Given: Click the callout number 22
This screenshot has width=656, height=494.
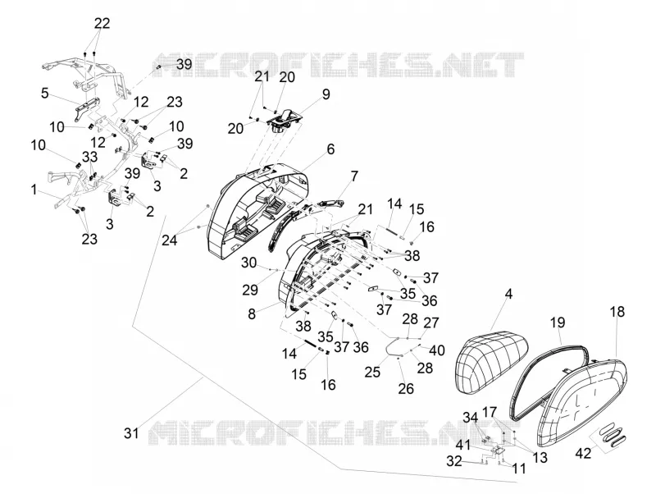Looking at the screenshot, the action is tap(102, 24).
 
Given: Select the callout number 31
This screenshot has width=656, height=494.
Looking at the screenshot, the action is tap(131, 432).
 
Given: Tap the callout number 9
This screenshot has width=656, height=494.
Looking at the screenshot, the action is tap(326, 94).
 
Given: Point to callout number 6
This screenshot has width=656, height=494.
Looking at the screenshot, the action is tap(330, 149).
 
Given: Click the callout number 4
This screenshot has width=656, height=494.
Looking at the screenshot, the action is tap(508, 294).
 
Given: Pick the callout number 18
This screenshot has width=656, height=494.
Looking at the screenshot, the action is tap(617, 312).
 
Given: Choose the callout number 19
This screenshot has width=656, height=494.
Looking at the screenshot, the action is tap(558, 322).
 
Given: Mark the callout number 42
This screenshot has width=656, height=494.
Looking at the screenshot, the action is tap(583, 452).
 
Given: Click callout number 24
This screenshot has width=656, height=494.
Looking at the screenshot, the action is tap(170, 240).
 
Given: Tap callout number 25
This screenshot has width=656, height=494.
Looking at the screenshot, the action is tap(372, 372).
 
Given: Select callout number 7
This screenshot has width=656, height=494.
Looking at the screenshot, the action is tap(354, 176).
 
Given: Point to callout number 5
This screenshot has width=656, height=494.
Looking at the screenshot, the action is tap(45, 93).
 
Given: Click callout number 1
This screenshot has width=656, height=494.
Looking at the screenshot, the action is tap(34, 190).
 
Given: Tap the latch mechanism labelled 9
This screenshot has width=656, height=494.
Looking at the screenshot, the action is tap(285, 120).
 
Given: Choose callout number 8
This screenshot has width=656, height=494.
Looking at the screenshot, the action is tap(252, 313).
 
